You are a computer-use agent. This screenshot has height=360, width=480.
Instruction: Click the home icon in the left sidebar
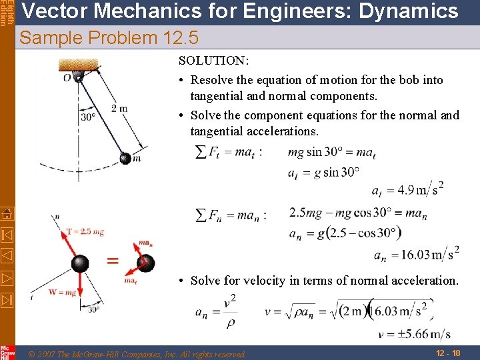[x=7, y=213]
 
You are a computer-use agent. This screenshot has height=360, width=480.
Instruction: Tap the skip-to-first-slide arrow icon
[x=7, y=234]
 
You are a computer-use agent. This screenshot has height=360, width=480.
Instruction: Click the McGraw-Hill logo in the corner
[x=7, y=351]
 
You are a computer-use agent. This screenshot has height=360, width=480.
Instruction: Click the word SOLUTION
[x=213, y=61]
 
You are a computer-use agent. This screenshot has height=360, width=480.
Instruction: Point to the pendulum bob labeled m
[x=125, y=158]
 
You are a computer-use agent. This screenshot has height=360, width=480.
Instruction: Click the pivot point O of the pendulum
[x=78, y=77]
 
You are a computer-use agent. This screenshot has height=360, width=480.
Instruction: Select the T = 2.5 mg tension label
[x=85, y=231]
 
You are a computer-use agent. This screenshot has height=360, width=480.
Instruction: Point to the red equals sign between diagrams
[x=113, y=261]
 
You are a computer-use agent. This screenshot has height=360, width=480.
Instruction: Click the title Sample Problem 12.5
[x=109, y=38]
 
